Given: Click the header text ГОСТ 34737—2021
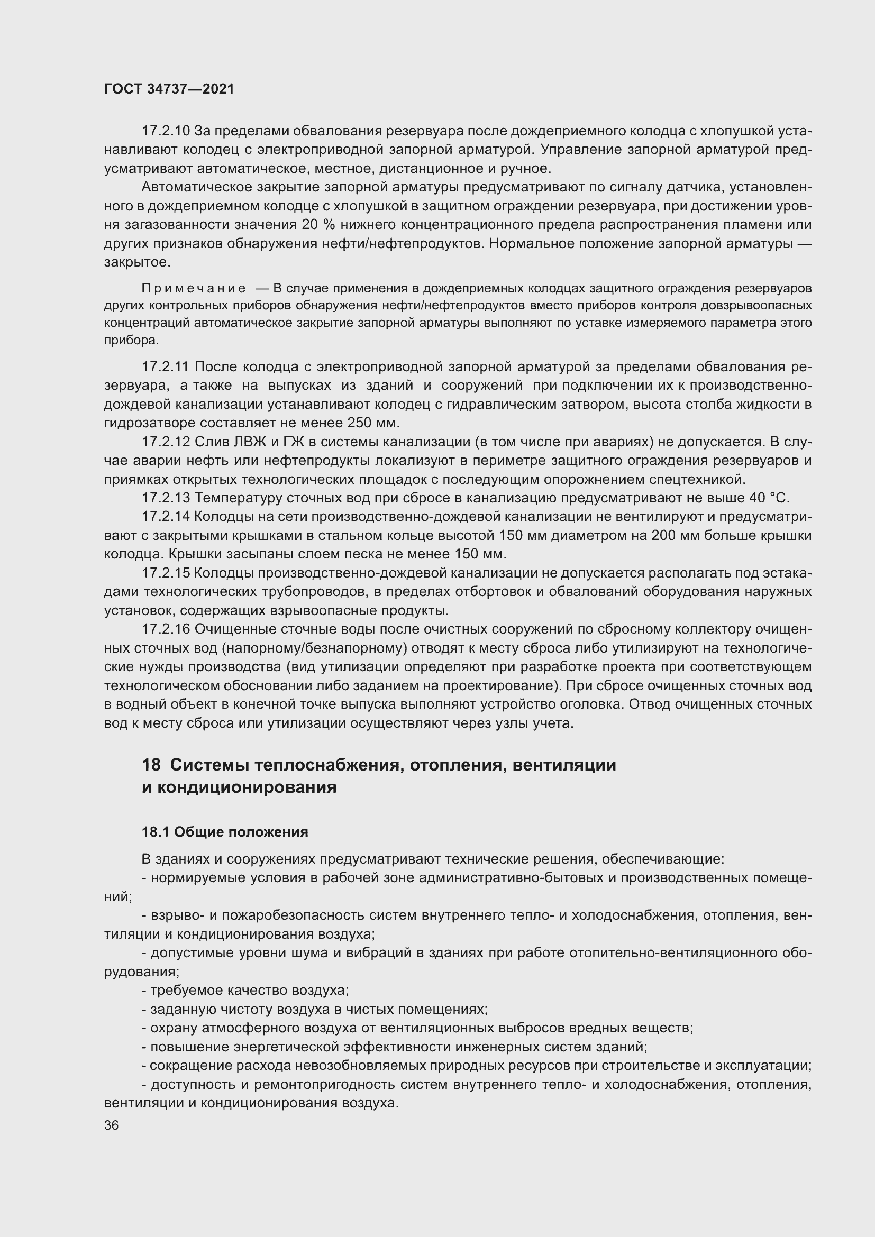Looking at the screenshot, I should (169, 89).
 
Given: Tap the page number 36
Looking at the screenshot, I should (111, 1125).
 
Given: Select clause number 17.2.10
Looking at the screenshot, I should (166, 131).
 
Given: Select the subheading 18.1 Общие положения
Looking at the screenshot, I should (225, 832).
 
